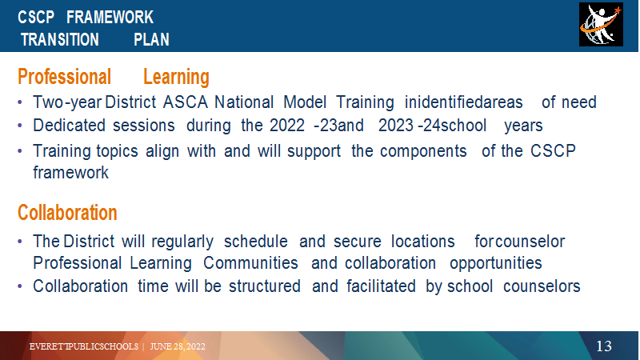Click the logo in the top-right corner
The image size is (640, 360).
[601, 25]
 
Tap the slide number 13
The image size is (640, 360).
[604, 346]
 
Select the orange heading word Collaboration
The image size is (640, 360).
[67, 213]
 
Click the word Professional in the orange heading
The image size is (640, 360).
[65, 77]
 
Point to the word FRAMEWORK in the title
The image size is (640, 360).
[110, 18]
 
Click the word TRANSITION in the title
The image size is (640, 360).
[60, 39]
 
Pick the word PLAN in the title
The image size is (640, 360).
[151, 39]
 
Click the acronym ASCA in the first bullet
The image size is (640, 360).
[186, 102]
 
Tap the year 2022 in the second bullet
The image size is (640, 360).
[287, 126]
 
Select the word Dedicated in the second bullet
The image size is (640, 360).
[69, 126]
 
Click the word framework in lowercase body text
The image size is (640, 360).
[71, 173]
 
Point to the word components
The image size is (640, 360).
[423, 152]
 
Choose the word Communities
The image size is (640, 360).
[250, 263]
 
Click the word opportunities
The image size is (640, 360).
[496, 264]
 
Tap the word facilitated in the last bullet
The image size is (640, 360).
[382, 286]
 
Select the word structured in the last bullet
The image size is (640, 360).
[265, 286]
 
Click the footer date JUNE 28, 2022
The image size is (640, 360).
[178, 346]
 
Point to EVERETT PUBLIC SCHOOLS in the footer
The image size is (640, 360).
[84, 346]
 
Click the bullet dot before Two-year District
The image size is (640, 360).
[20, 102]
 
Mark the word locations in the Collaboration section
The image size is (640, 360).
[423, 242]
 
